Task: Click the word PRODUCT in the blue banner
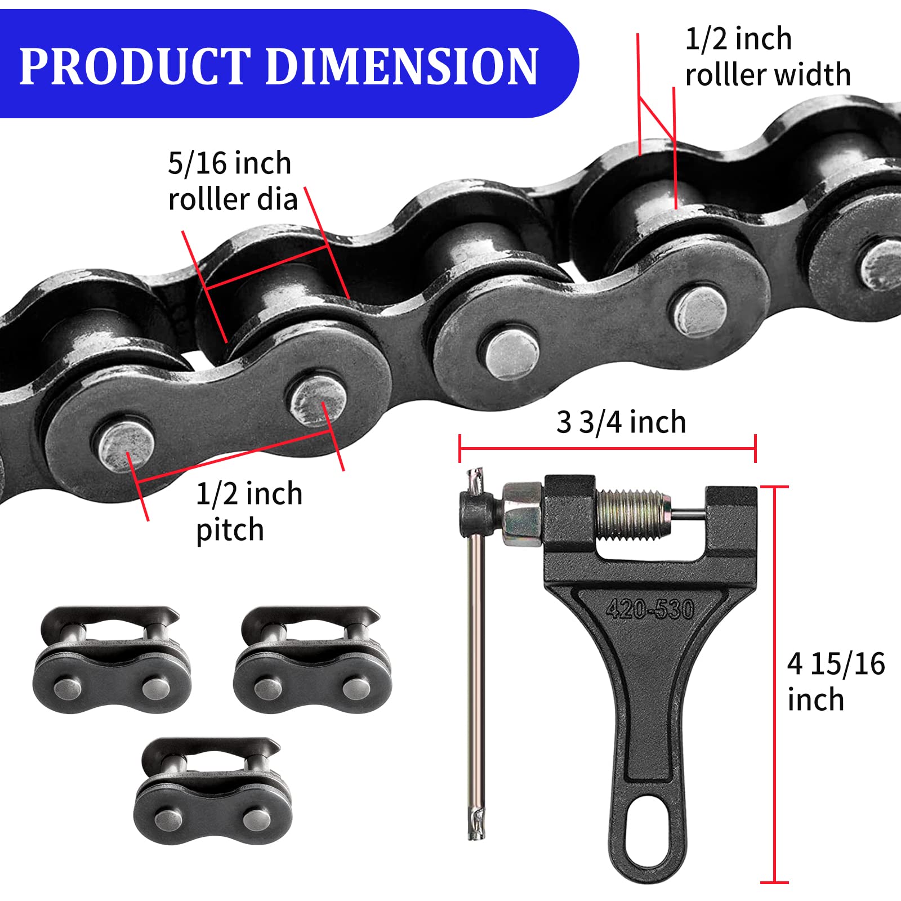click(x=135, y=66)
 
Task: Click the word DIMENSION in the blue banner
click(x=402, y=66)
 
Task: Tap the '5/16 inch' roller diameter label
click(x=230, y=164)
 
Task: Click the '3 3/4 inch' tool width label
click(x=621, y=422)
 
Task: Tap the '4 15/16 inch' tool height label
click(x=835, y=681)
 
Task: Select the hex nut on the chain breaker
click(x=521, y=509)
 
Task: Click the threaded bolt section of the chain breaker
click(x=631, y=514)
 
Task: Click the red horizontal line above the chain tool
click(x=607, y=449)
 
